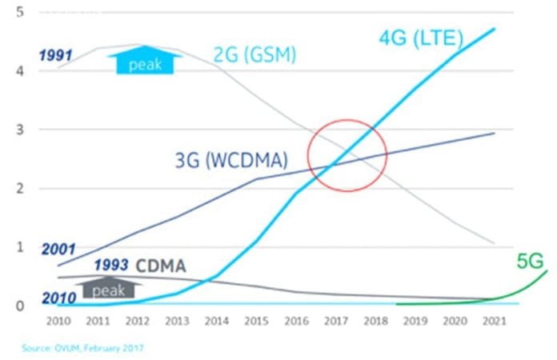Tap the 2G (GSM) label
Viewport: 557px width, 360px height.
click(x=254, y=56)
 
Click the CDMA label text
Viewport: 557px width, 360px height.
click(x=162, y=266)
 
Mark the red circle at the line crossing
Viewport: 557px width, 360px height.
click(x=347, y=155)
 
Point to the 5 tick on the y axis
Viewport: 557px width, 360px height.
click(x=18, y=12)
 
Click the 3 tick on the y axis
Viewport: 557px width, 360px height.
click(x=18, y=130)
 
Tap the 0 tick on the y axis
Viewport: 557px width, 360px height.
click(x=18, y=306)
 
